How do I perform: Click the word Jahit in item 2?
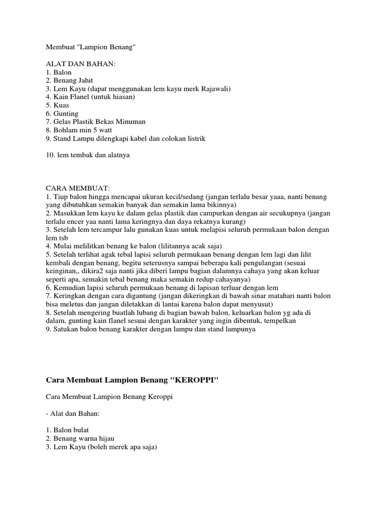click(84, 80)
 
